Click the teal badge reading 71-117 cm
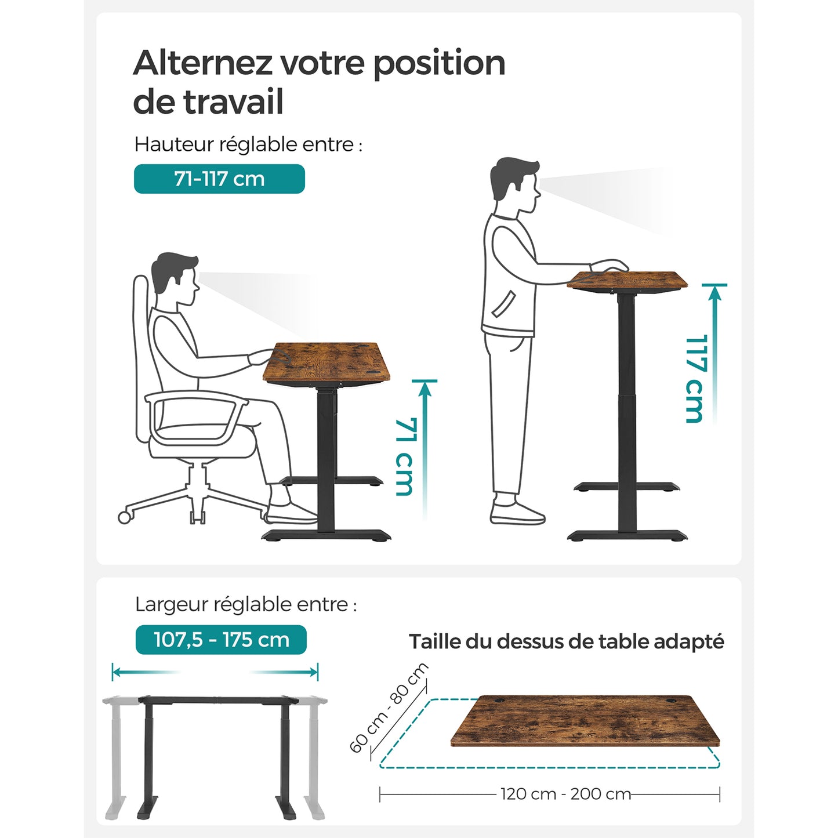[219, 179]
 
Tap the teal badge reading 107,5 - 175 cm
[221, 640]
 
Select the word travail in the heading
[233, 102]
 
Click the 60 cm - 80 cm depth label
[389, 708]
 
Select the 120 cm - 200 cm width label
[565, 794]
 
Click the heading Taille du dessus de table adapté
[566, 642]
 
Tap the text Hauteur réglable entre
[248, 144]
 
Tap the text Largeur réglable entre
[245, 604]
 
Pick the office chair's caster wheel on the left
[124, 517]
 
